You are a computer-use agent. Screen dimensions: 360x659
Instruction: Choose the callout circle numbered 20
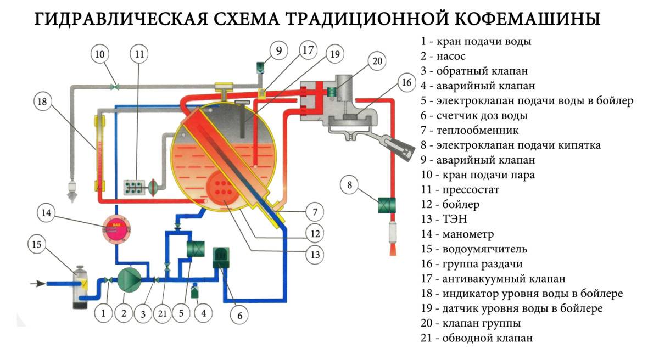378,61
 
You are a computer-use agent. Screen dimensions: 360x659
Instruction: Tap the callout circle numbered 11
139,55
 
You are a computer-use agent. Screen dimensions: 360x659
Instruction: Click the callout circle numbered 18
43,102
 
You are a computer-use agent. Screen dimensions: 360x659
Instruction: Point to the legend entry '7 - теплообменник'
470,130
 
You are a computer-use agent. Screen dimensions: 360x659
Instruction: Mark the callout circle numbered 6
239,316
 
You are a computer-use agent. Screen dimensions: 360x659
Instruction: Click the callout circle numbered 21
161,314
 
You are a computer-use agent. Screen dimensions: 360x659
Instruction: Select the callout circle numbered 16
406,83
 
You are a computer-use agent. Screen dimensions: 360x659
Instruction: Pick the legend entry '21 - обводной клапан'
476,337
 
